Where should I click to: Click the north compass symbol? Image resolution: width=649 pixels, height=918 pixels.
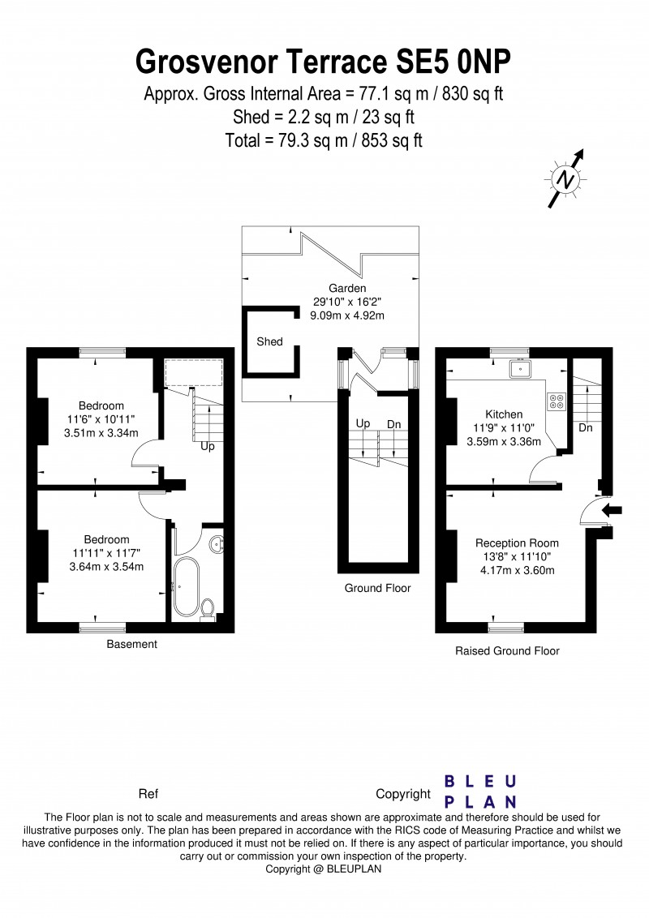(x=565, y=178)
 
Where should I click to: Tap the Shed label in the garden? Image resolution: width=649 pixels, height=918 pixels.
(x=269, y=341)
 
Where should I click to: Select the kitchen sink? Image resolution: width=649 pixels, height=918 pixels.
(x=519, y=369)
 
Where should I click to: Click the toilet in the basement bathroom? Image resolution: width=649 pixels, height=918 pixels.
(x=208, y=609)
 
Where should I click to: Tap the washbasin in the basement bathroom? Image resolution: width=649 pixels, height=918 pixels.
(x=217, y=543)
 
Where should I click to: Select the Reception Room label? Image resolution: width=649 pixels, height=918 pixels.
(x=517, y=543)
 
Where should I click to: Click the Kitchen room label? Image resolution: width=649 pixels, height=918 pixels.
(x=504, y=414)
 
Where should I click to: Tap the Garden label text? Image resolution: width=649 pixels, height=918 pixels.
(x=347, y=288)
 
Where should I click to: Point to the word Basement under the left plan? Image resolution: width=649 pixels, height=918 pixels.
(x=131, y=644)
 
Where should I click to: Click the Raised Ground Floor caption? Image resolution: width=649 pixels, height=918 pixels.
(x=507, y=650)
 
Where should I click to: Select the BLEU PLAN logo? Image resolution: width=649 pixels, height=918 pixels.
(x=480, y=791)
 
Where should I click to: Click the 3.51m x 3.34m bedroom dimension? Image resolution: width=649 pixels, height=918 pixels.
(x=101, y=433)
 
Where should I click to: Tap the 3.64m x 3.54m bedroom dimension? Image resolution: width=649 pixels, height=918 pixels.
(x=106, y=567)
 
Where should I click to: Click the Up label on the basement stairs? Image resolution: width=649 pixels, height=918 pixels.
(x=208, y=446)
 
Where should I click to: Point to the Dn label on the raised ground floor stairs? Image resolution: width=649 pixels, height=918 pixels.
(x=586, y=427)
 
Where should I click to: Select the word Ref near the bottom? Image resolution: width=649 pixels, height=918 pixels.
(x=148, y=794)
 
